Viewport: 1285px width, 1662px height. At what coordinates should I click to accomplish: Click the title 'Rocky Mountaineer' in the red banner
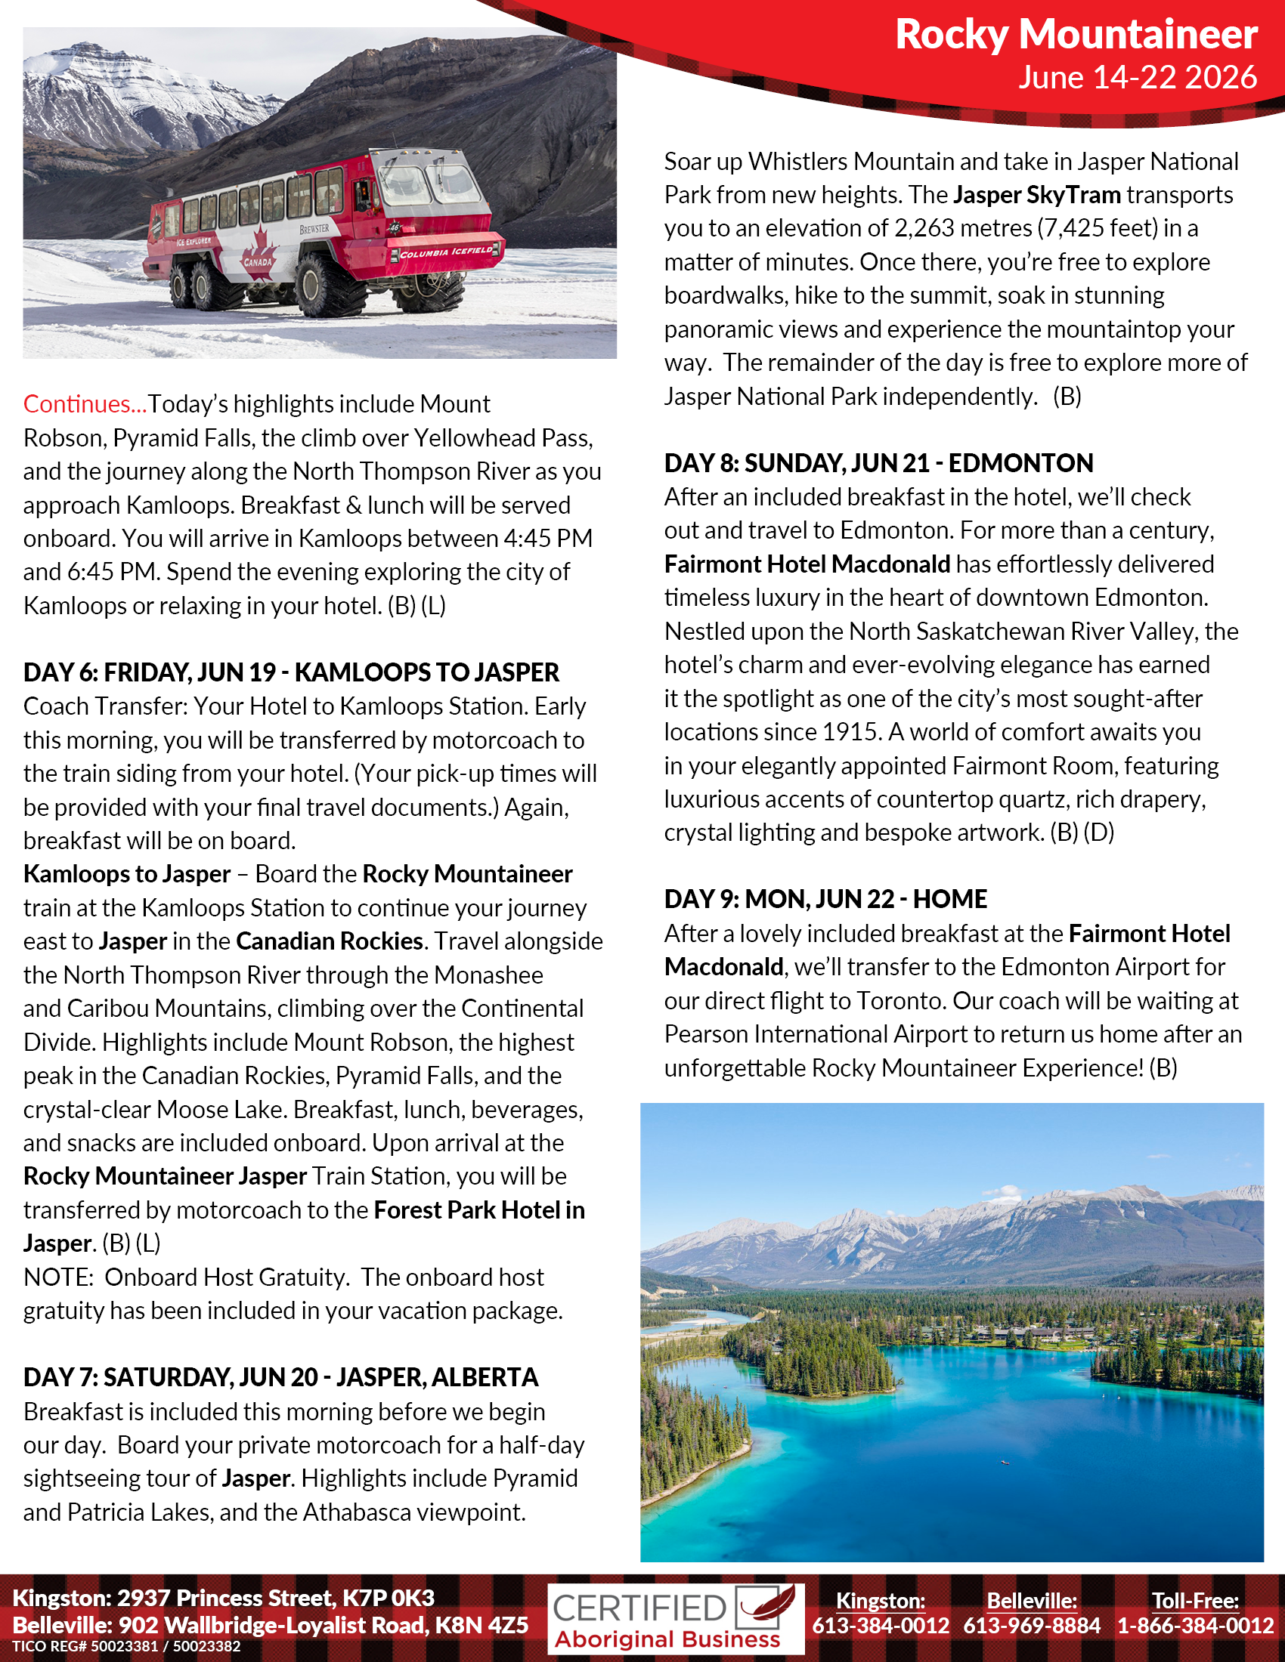click(x=1075, y=34)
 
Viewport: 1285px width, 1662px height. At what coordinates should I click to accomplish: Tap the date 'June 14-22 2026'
click(x=1138, y=78)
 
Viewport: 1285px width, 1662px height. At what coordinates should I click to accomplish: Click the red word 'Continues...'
click(x=85, y=404)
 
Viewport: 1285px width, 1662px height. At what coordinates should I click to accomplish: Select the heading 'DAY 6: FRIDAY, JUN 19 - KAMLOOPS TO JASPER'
click(x=291, y=672)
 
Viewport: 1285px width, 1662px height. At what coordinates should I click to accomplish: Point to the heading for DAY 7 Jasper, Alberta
click(x=280, y=1377)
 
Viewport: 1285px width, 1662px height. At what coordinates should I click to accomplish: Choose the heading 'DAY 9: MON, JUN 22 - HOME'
click(x=825, y=900)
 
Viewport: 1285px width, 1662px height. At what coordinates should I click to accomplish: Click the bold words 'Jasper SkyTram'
click(x=1036, y=195)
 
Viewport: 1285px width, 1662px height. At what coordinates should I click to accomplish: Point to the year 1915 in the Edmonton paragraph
click(x=851, y=732)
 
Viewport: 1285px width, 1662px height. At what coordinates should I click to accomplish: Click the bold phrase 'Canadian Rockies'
click(x=329, y=941)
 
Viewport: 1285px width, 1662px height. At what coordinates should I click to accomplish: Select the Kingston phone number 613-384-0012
click(x=880, y=1626)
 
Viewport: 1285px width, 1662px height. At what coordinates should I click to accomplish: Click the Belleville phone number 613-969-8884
click(x=1032, y=1626)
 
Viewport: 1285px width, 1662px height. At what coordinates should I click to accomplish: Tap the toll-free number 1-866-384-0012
click(x=1195, y=1626)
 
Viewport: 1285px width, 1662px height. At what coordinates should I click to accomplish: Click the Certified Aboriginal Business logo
click(x=676, y=1619)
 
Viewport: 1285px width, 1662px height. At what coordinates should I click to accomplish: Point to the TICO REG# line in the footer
click(x=126, y=1647)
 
